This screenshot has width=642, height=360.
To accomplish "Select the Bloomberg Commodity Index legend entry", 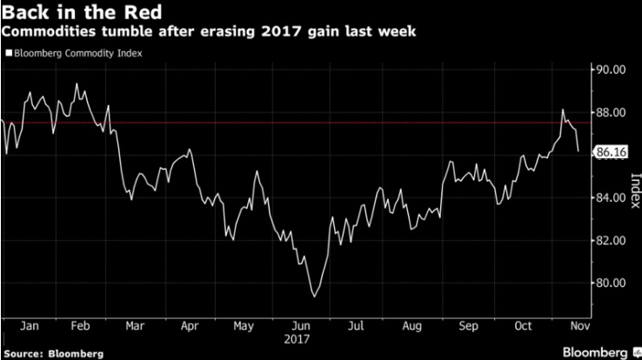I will [x=76, y=53].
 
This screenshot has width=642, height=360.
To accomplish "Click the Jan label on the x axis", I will [x=29, y=326].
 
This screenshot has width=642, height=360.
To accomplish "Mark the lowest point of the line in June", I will [x=313, y=297].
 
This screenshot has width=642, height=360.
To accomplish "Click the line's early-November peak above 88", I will [x=563, y=110].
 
